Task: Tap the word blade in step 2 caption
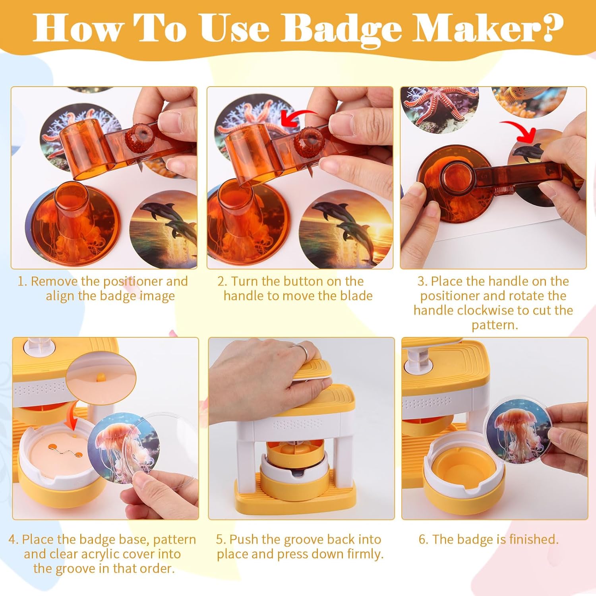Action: tap(356, 296)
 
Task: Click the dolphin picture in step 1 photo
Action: tap(164, 230)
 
